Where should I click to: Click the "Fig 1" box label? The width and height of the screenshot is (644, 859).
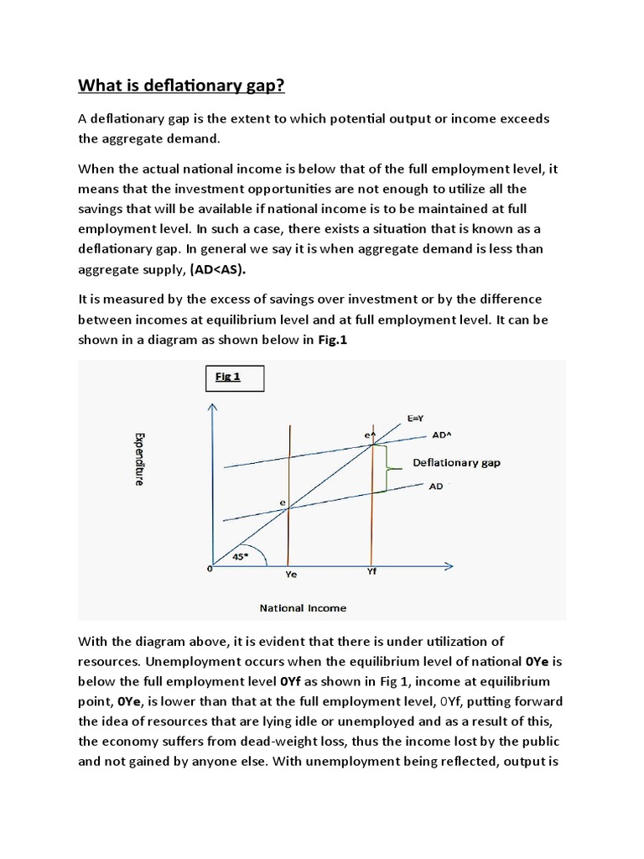[228, 377]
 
